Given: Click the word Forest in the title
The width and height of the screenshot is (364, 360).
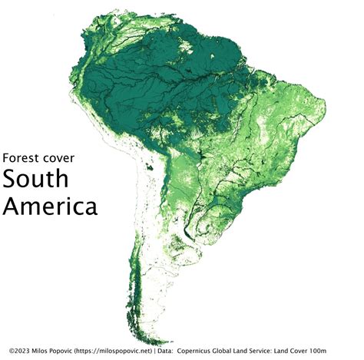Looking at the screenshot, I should (22, 157).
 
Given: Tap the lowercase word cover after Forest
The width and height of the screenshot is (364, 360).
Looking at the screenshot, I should (63, 157).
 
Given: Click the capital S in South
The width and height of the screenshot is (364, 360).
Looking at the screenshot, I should (11, 179).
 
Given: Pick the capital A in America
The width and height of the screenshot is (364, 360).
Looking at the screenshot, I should (12, 206).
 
